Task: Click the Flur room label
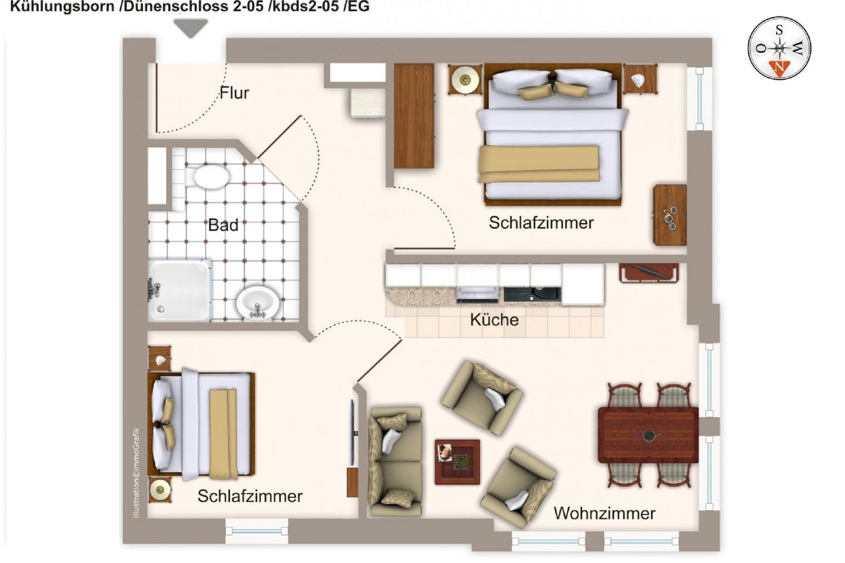coord(234,93)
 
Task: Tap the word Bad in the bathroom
coord(223,225)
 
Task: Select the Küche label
coord(494,320)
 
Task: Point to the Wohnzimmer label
coord(604,513)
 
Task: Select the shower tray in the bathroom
coord(180,290)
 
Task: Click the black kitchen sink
coord(532,294)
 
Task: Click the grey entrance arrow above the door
coord(191,28)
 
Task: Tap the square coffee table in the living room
coord(457,462)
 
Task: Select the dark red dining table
coord(648,435)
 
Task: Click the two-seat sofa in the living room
coord(396,461)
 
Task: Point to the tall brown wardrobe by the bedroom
coord(414,116)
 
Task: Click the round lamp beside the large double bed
coord(465,80)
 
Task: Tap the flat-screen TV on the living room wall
coord(352,432)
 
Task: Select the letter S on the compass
coord(779,30)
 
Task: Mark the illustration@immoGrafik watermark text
coord(136,473)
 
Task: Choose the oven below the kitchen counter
coord(477,294)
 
